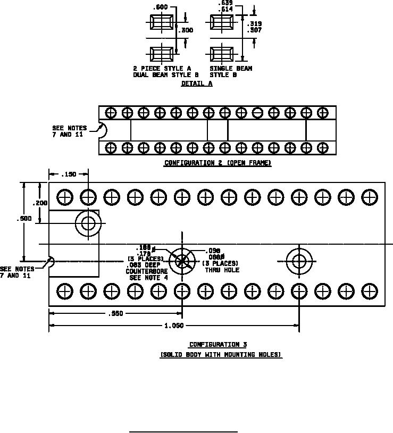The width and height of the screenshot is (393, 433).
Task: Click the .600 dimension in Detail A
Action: click(160, 7)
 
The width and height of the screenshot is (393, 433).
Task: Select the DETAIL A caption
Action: click(196, 84)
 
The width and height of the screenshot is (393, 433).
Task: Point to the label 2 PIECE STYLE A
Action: click(162, 69)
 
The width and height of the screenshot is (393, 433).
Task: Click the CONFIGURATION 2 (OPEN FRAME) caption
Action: click(218, 163)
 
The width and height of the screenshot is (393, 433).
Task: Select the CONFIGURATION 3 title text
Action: click(218, 345)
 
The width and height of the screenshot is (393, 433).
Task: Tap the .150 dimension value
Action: click(69, 174)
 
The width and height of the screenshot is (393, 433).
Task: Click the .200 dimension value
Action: click(40, 203)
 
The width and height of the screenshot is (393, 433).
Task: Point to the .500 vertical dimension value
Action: click(24, 219)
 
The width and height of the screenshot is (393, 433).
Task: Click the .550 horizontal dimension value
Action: click(116, 313)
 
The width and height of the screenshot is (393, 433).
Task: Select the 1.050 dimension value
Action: click(174, 326)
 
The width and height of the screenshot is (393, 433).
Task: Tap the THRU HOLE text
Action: click(222, 270)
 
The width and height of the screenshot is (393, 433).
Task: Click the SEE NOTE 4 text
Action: click(149, 277)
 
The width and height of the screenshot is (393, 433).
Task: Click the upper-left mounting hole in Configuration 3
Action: click(87, 223)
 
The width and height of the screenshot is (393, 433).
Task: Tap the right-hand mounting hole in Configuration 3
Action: click(299, 261)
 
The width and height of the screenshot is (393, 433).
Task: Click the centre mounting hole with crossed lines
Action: click(182, 261)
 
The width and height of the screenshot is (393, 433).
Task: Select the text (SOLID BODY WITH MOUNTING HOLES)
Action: click(221, 355)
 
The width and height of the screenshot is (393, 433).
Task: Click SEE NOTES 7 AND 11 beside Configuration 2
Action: click(69, 131)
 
